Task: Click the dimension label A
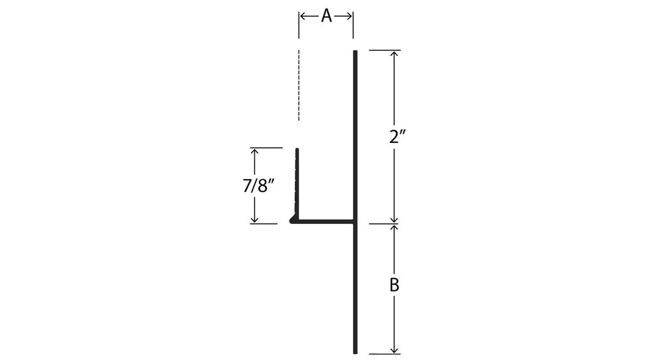pos(326,16)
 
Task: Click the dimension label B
pos(394,285)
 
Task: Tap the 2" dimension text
pos(397,137)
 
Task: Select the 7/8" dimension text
pos(258,186)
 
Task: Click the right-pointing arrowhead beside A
pos(349,16)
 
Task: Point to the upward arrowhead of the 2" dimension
pos(394,55)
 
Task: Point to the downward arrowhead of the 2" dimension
pos(394,219)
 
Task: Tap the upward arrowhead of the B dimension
pos(394,228)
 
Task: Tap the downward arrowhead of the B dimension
pos(394,350)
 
